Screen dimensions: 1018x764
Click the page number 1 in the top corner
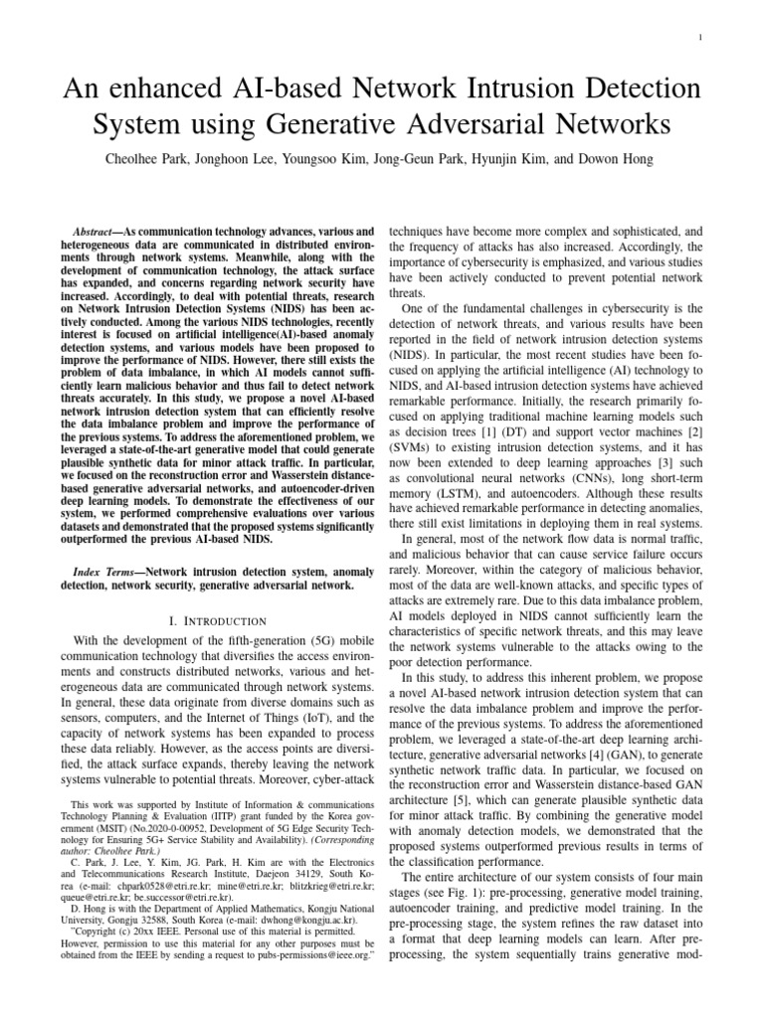click(702, 39)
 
